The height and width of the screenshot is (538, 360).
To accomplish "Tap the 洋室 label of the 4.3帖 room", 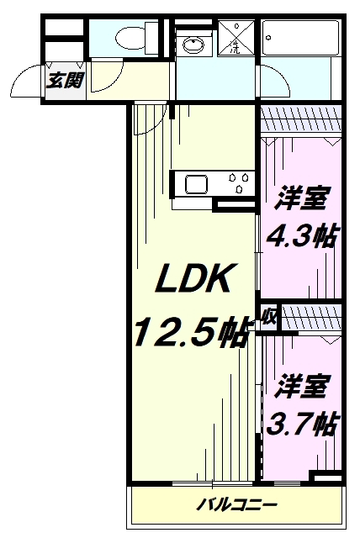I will point(300,202).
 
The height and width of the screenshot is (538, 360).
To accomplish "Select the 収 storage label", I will point(268,317).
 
